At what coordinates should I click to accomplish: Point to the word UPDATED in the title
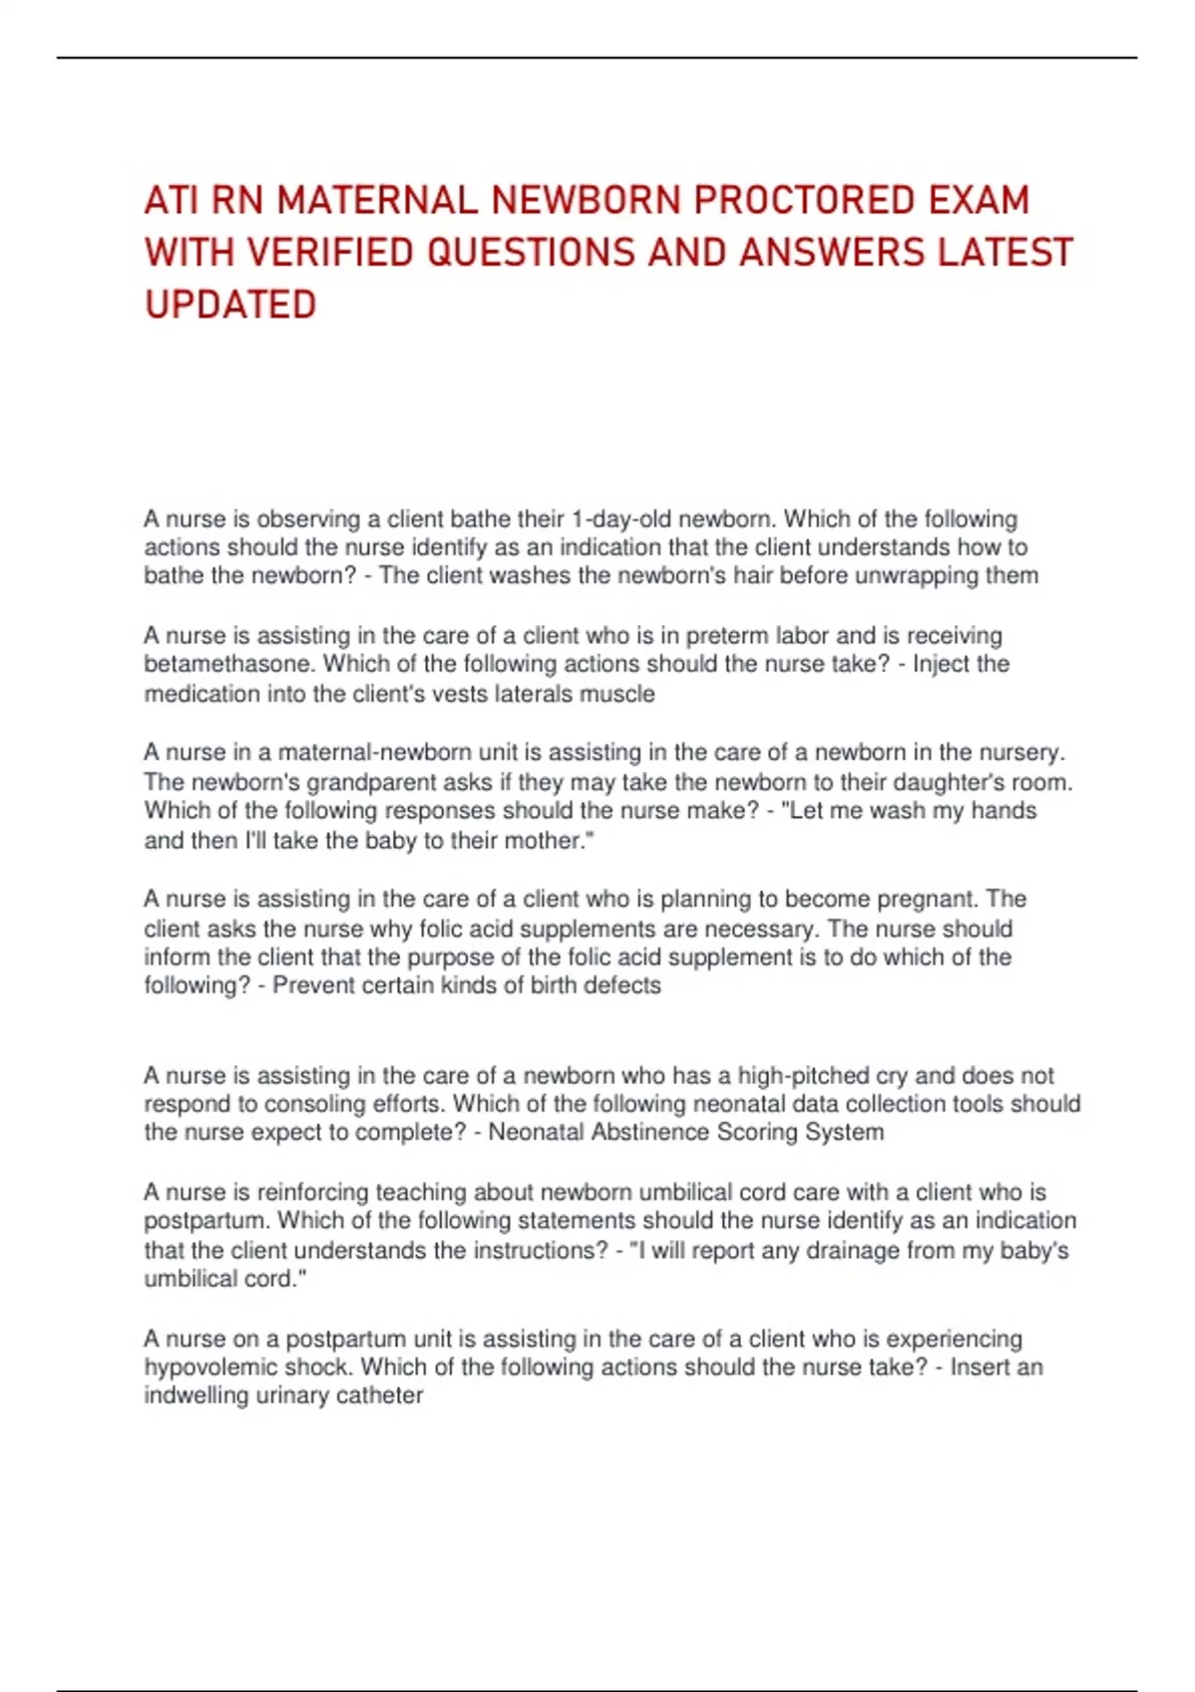pos(230,305)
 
